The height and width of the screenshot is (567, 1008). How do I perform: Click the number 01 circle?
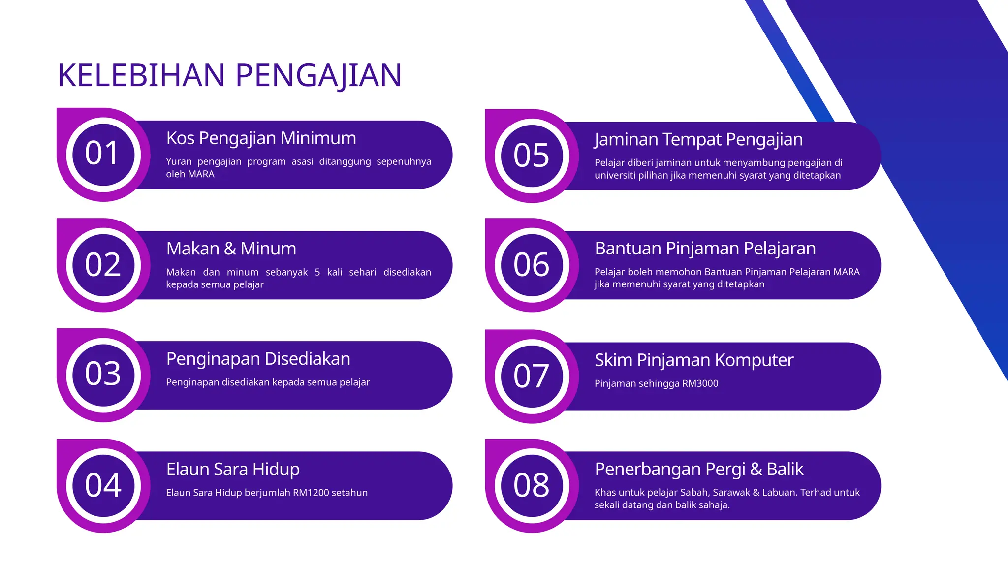coord(103,154)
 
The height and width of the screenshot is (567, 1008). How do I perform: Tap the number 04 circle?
coord(103,485)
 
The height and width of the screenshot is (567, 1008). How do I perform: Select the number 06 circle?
coord(532,265)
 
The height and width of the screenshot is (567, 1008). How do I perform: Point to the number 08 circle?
coord(532,485)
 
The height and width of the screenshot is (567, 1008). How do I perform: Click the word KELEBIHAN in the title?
coord(141,76)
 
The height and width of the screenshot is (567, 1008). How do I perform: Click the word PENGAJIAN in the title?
coord(318,76)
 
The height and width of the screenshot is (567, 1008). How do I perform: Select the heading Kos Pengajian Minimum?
coord(261,138)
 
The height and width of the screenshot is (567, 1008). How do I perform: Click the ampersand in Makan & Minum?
coord(230,249)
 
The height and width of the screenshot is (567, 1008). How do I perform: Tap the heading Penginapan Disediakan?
coord(258,359)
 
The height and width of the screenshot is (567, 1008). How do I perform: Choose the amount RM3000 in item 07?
coord(700,383)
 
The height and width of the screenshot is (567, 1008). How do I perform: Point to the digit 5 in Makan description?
coord(317,272)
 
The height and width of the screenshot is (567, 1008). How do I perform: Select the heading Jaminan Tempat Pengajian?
coord(698,140)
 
